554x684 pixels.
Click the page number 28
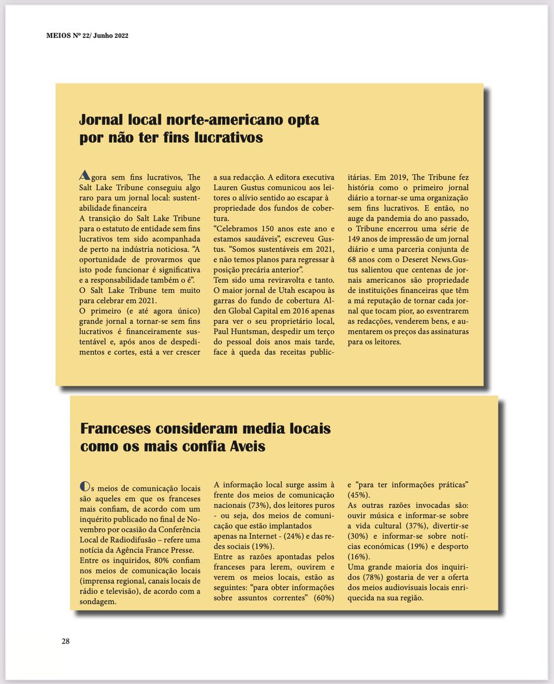(x=66, y=641)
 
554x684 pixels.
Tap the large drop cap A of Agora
(x=85, y=176)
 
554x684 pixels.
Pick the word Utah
(x=287, y=290)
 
